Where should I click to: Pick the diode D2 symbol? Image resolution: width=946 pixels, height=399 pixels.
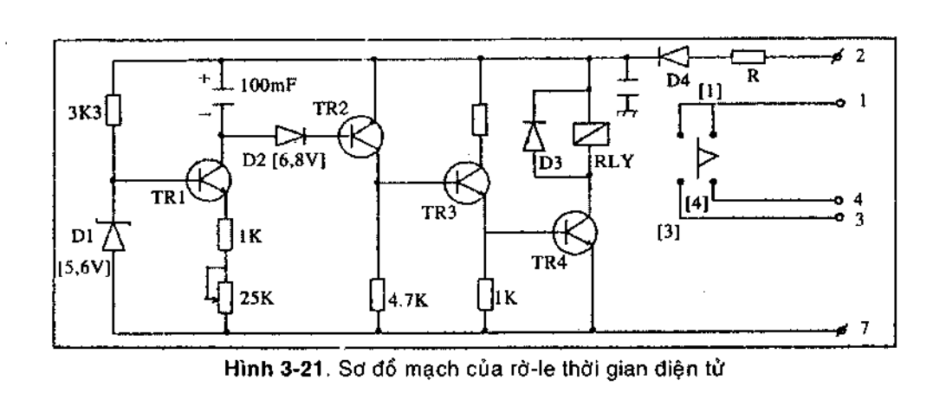pos(288,136)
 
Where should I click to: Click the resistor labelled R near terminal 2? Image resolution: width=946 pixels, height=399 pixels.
pos(746,60)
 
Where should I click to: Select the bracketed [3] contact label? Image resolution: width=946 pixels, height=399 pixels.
pos(671,234)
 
